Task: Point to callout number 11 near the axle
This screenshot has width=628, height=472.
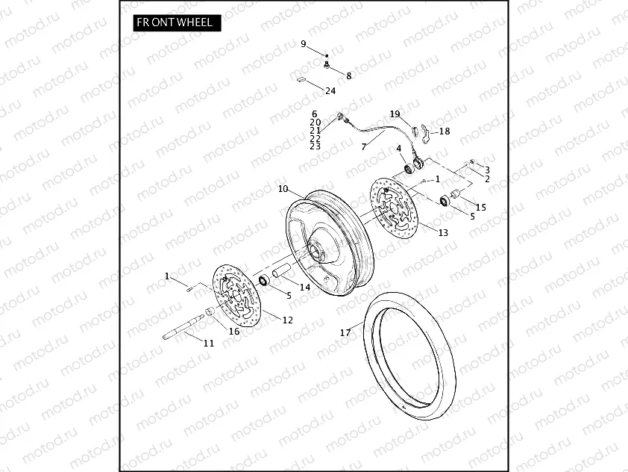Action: [208, 343]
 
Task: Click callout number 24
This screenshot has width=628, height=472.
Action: [330, 90]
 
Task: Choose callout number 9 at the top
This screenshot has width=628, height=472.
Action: [304, 45]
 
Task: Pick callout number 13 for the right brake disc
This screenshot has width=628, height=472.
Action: [443, 232]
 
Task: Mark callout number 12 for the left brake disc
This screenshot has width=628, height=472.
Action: [288, 320]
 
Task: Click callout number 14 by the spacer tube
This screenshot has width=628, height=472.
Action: [304, 287]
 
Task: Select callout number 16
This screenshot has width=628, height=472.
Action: [233, 331]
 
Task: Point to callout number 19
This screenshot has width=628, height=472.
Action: [395, 114]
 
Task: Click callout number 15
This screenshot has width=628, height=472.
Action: [481, 207]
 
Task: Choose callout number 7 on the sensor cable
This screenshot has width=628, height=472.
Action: [363, 147]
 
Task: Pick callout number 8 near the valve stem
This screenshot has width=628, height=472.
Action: [348, 75]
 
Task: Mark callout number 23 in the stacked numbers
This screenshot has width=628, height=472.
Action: [315, 146]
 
